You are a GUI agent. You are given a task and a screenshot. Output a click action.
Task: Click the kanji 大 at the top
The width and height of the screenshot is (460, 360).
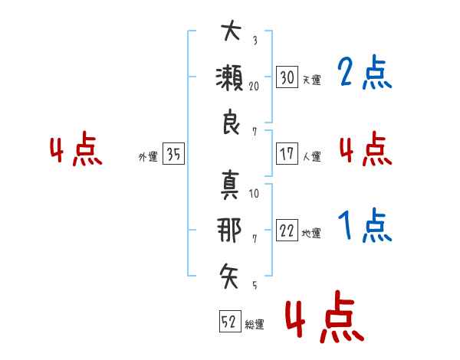coord(232,31)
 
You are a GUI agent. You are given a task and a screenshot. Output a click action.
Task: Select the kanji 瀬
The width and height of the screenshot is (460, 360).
coord(229,77)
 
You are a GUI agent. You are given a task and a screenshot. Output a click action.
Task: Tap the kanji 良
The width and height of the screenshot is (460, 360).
coord(232,122)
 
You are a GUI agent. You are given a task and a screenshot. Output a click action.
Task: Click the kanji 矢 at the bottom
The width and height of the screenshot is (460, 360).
coord(229,276)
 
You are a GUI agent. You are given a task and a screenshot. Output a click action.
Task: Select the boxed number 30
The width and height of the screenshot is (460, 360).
coord(287,77)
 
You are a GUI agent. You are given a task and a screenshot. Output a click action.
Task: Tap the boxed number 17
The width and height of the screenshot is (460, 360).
coord(287,154)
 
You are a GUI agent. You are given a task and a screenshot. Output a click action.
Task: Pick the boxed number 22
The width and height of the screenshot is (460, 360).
coord(287,231)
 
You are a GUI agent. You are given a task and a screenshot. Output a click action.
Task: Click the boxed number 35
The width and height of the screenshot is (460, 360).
coord(174,153)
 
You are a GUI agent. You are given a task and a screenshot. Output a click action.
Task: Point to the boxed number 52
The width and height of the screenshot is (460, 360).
coord(231,321)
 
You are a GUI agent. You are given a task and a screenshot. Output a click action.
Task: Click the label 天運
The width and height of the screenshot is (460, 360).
coord(312,80)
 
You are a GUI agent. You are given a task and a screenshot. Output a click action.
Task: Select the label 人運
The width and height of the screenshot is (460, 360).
coord(312,156)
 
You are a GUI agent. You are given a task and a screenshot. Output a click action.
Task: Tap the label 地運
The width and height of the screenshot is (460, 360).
coord(311,234)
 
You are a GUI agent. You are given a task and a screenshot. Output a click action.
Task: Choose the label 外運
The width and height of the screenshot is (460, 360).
coord(148,157)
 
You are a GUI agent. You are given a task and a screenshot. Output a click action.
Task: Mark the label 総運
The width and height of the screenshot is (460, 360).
coord(255,325)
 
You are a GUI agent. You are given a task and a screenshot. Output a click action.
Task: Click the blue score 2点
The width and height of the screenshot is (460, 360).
coord(365,72)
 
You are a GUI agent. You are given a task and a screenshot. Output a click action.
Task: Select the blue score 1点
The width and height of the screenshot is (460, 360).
coord(365,225)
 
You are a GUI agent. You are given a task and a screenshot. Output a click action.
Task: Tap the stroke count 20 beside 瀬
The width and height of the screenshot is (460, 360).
coord(254,87)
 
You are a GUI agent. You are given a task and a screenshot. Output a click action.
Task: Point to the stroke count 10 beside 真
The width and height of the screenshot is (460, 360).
coord(254,194)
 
